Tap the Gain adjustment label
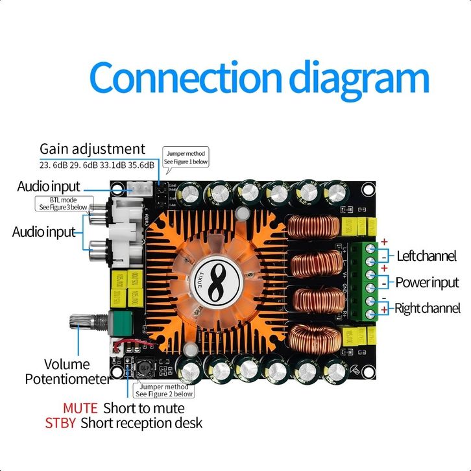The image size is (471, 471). coord(92,149)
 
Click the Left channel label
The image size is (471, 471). coord(426,256)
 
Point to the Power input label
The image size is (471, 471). coord(427,282)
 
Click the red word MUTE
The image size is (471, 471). coord(80,408)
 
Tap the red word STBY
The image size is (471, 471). coord(60,423)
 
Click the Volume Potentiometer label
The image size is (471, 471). coord(67,371)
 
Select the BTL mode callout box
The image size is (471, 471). coord(69,204)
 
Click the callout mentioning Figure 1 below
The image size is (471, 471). coord(186,158)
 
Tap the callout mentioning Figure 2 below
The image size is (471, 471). coord(164,390)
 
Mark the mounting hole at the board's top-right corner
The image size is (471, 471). coord(367,189)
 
